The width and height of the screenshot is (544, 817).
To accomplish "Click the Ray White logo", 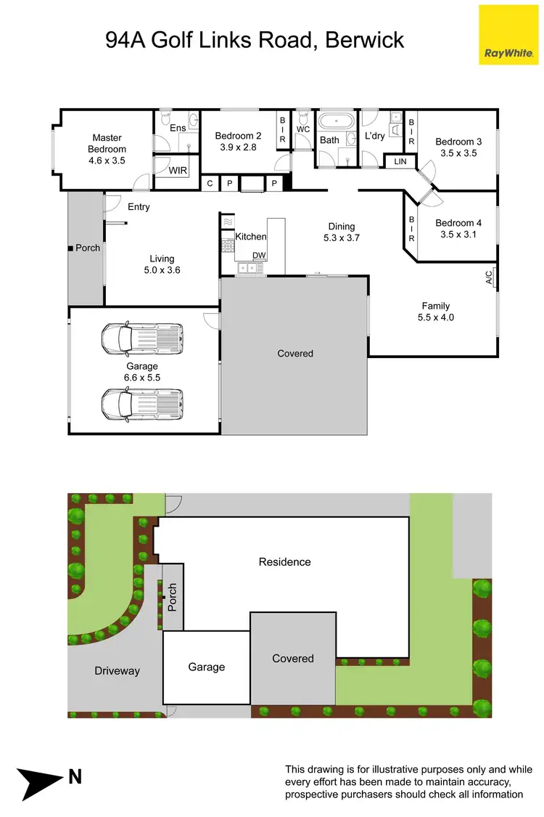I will pos(509,34).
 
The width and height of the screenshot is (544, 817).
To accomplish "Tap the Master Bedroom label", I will pos(107,143).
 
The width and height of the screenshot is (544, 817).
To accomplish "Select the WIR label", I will pos(178,171).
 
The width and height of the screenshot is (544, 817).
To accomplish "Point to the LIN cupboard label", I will pos(400,162).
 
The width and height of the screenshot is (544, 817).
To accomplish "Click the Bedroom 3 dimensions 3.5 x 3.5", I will pos(458,153).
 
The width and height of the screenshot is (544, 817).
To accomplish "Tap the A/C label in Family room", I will pos(489,277).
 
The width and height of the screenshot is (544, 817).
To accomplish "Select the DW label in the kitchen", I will pos(259,255).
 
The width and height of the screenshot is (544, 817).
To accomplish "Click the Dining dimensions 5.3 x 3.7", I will pos(342,237).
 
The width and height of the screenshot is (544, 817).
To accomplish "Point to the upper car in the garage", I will pos(141,337).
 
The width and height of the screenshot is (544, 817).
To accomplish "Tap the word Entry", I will pos(139,207).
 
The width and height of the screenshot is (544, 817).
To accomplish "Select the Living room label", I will pos(162,259).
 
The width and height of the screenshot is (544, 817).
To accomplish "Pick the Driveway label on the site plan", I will pos(117,671).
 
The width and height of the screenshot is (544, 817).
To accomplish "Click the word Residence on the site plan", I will pos(284,562).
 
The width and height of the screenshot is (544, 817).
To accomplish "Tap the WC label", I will pos(303,129).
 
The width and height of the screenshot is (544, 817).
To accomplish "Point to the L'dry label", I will pos(374,136).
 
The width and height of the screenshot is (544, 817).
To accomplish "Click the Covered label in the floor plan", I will pos(295,353).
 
